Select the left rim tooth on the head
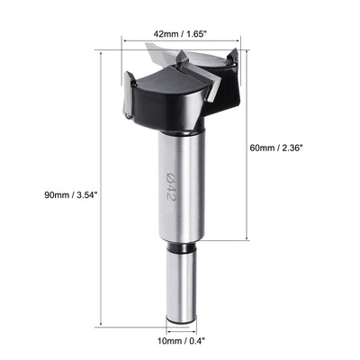click(x=128, y=79)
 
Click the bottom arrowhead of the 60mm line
click(x=246, y=240)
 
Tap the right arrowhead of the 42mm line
click(x=241, y=40)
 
